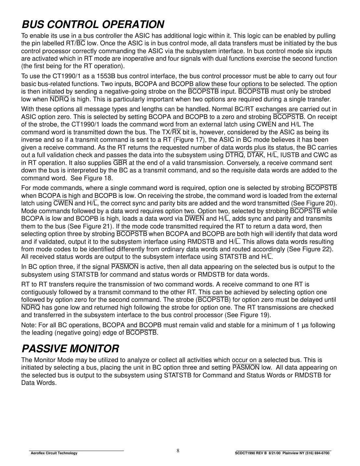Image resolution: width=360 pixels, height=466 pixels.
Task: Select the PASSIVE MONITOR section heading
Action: click(70, 349)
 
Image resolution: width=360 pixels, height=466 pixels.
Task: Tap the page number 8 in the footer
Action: click(178, 451)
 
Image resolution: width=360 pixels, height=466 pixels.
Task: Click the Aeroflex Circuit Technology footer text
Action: click(54, 453)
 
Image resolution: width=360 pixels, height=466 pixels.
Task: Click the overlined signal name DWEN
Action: click(194, 219)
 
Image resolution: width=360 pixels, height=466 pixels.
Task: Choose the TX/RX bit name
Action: click(171, 132)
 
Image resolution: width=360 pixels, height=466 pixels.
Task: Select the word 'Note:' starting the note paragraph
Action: click(29, 325)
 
